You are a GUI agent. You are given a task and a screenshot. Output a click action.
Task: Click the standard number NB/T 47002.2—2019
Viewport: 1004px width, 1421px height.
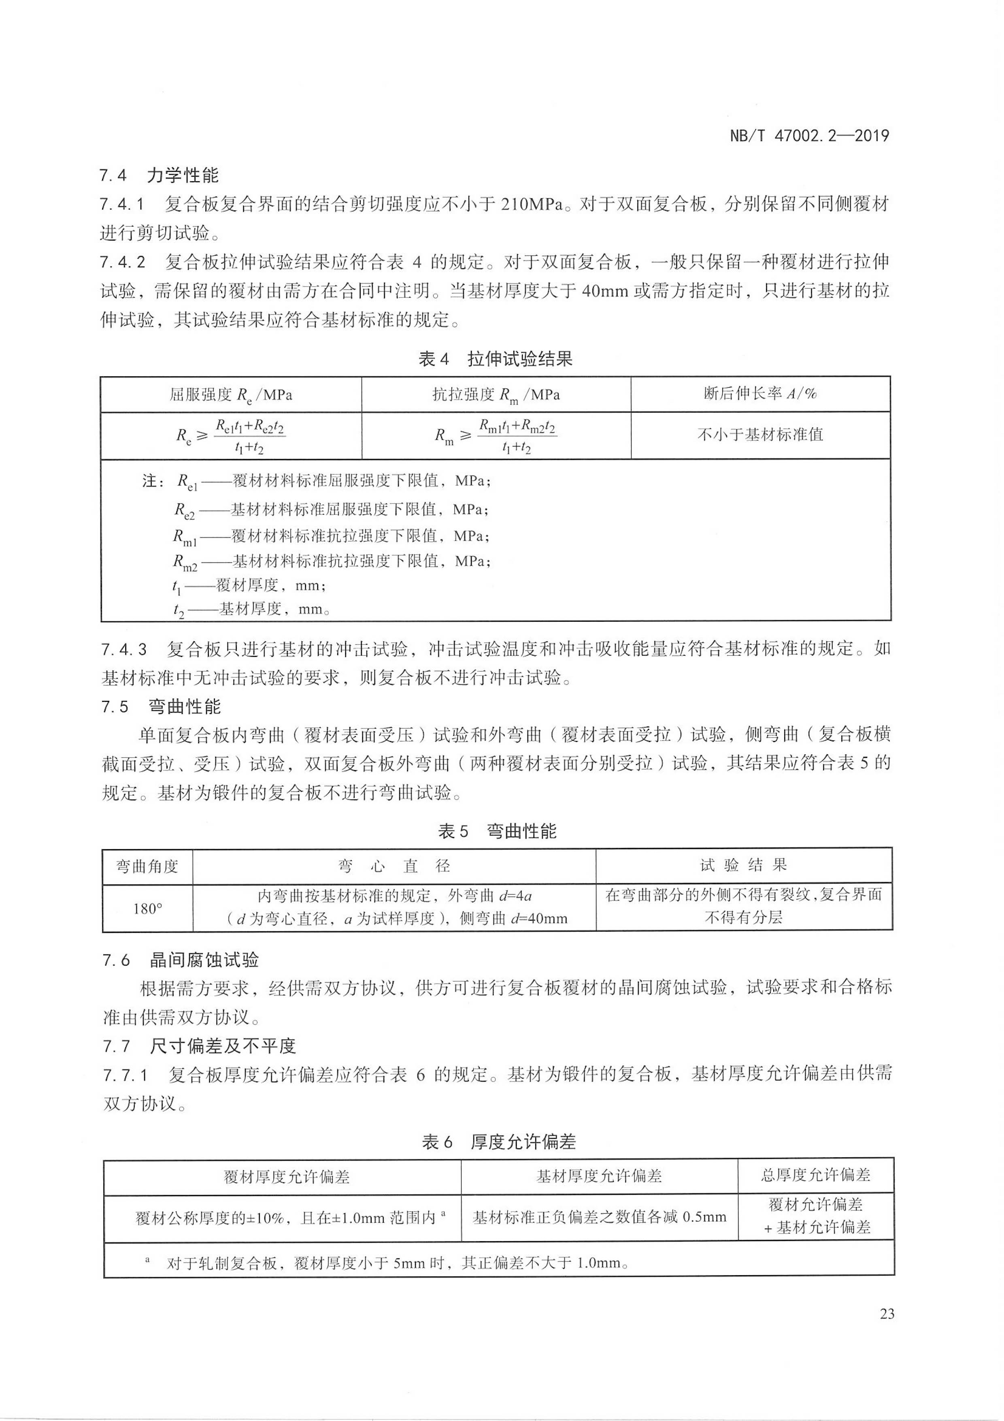click(x=809, y=136)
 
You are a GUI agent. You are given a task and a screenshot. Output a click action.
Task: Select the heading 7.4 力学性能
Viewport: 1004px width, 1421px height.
click(x=159, y=176)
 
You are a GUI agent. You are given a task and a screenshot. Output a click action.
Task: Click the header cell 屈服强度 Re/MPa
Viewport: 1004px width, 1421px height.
click(x=231, y=395)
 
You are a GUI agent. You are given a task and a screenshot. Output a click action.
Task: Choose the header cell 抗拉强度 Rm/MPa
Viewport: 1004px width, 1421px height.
click(x=496, y=395)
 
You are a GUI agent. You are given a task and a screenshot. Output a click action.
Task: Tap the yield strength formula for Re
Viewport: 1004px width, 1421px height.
click(x=231, y=436)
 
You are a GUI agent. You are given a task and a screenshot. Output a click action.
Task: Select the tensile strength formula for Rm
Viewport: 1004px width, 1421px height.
click(x=496, y=436)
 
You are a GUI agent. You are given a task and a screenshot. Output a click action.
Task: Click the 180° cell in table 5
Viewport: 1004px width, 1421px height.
click(x=147, y=909)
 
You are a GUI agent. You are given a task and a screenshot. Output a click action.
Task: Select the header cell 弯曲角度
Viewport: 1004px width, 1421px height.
click(x=147, y=866)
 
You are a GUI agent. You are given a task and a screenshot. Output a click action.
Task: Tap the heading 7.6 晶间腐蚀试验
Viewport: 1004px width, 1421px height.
click(x=180, y=960)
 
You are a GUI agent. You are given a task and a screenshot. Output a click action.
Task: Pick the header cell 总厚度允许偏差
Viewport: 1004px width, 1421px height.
click(x=815, y=1175)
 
